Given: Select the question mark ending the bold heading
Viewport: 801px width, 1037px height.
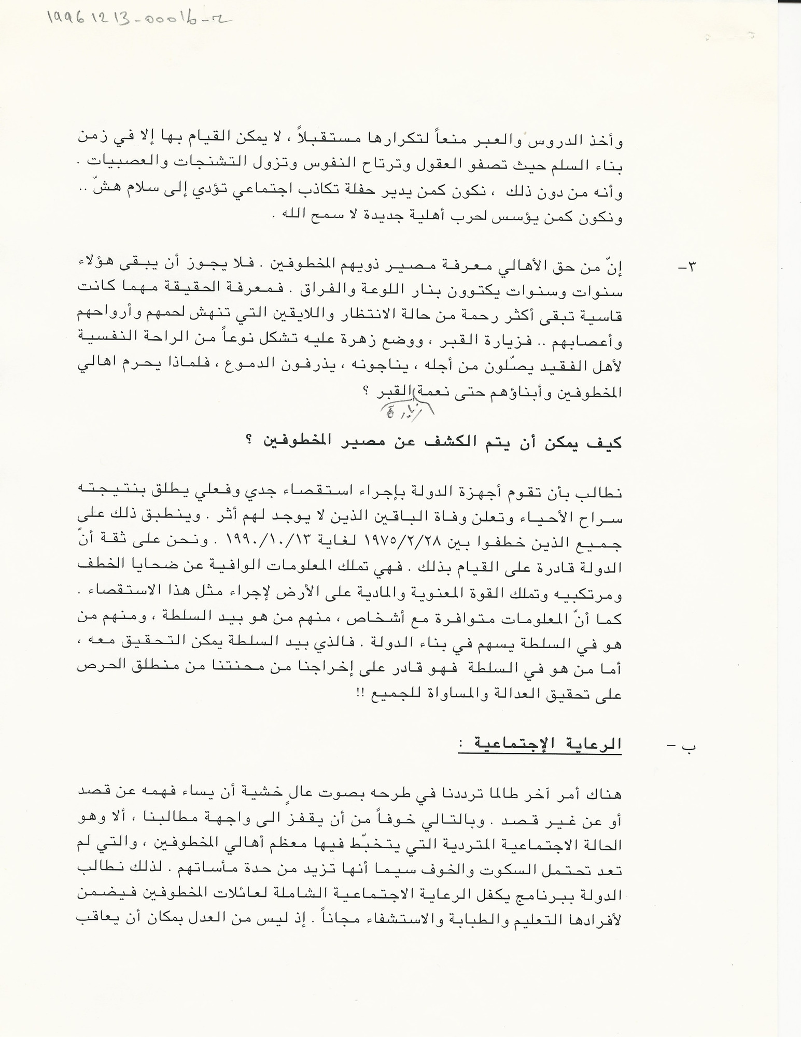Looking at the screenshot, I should click(249, 443).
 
